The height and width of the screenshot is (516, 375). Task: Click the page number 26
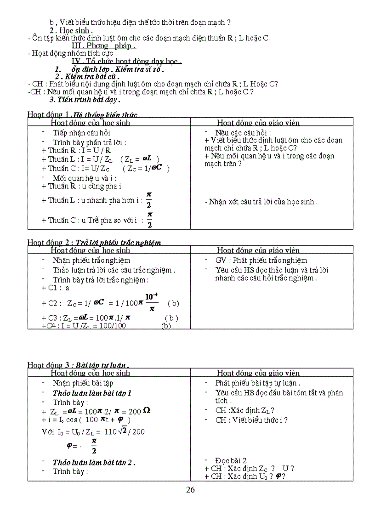pos(190,489)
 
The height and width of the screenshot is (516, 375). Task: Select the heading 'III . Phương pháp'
pos(104,45)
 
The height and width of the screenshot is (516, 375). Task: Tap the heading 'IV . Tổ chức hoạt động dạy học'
pos(127,62)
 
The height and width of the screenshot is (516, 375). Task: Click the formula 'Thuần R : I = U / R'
pos(76,150)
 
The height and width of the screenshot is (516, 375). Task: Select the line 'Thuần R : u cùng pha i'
pos(81,187)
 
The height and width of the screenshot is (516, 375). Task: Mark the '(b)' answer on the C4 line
pos(166,326)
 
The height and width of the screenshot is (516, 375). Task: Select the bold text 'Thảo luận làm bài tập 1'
pos(92,393)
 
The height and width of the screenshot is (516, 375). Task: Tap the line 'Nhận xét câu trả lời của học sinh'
pos(261,202)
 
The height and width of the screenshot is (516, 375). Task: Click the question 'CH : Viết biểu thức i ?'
pos(251,420)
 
